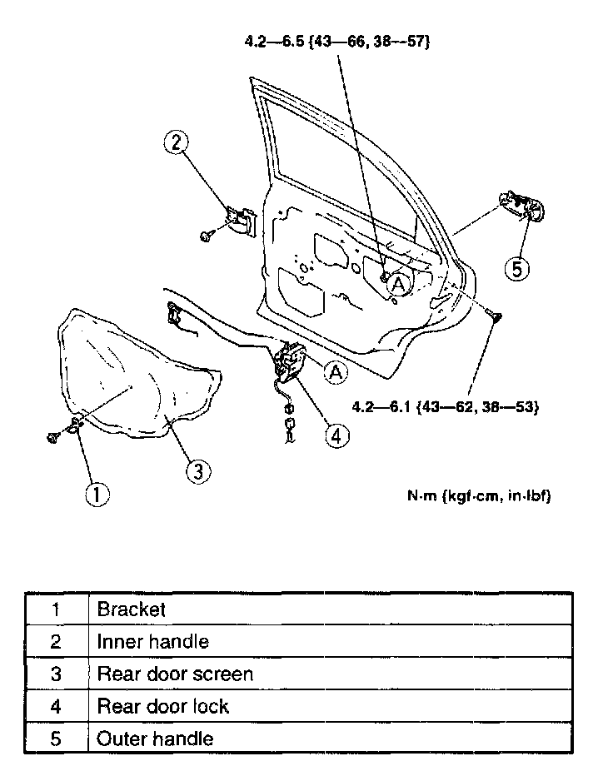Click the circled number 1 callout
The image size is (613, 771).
coord(97,495)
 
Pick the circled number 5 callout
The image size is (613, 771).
coord(517,269)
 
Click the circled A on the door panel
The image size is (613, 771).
coord(398,285)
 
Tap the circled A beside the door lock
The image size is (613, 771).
coord(336,372)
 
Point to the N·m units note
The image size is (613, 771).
coord(478,496)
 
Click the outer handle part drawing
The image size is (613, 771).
coord(521,205)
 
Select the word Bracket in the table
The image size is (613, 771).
coord(132,609)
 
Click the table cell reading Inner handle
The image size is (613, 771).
coord(153,641)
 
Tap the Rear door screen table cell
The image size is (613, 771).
coord(175,674)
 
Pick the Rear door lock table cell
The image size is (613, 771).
coord(163,706)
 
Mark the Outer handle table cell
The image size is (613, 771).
coord(156,739)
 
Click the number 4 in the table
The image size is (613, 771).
coord(56,706)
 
